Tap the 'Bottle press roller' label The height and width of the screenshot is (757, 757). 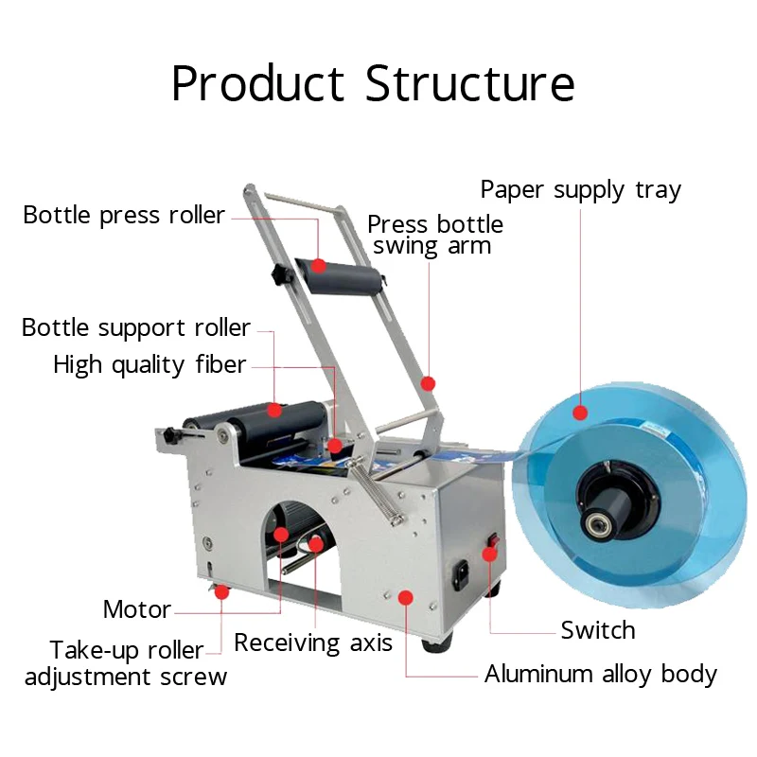(x=124, y=216)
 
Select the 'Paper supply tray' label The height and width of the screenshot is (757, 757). (x=580, y=190)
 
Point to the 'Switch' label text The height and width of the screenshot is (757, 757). (x=597, y=630)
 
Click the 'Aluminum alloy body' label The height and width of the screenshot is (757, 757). (x=601, y=675)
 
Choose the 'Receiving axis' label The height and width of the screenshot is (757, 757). (x=312, y=643)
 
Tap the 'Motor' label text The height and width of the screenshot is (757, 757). (x=137, y=609)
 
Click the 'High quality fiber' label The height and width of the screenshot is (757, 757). (x=150, y=365)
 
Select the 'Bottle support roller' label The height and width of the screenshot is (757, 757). (x=136, y=328)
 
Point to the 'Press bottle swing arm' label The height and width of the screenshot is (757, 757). (x=434, y=236)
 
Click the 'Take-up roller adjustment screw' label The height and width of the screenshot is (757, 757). (x=126, y=663)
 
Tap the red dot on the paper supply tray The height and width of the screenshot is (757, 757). (x=580, y=412)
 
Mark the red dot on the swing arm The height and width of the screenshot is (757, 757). (x=428, y=383)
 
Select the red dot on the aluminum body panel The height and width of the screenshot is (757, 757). (x=406, y=596)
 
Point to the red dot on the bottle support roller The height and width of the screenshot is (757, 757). (x=274, y=410)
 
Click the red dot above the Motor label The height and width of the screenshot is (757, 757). (x=281, y=536)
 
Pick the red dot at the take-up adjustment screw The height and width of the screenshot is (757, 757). (x=221, y=592)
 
